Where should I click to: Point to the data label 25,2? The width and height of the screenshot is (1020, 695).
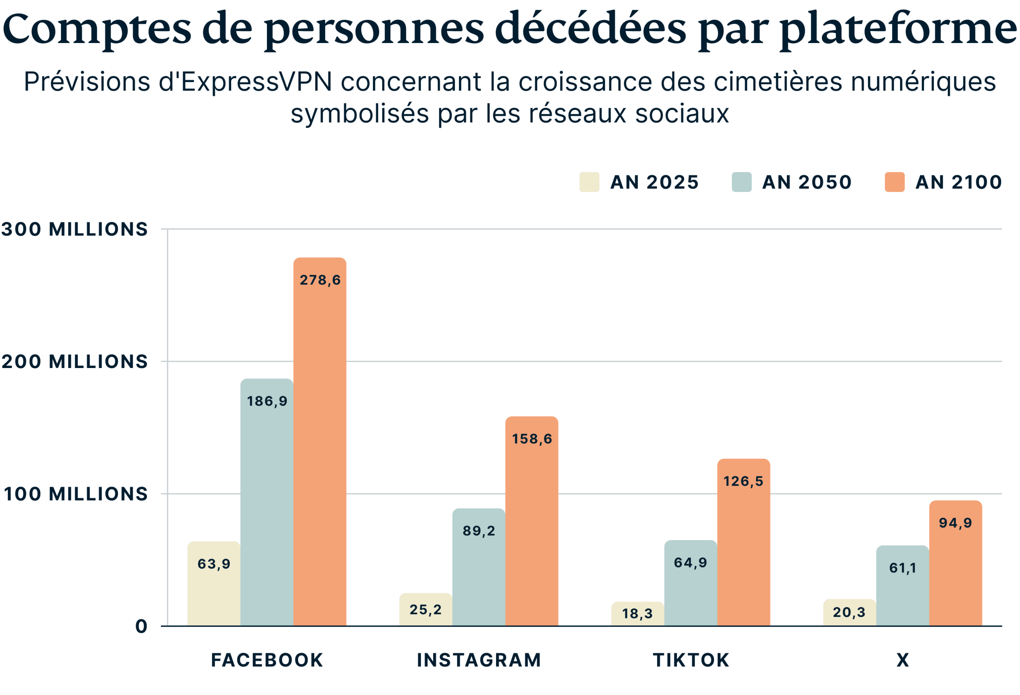pyautogui.click(x=425, y=609)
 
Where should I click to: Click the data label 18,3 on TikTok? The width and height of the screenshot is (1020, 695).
pyautogui.click(x=637, y=613)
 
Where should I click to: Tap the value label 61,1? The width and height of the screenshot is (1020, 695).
pyautogui.click(x=902, y=568)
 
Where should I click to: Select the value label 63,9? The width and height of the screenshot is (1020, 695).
pyautogui.click(x=214, y=564)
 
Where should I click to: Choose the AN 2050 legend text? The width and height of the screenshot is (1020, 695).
pyautogui.click(x=807, y=182)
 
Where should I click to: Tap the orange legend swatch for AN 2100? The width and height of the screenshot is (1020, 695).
pyautogui.click(x=894, y=182)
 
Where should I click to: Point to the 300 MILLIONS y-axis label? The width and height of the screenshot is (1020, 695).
pyautogui.click(x=75, y=229)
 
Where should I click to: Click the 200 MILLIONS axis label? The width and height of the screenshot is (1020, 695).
pyautogui.click(x=75, y=362)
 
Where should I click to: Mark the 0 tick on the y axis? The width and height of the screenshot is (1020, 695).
pyautogui.click(x=141, y=626)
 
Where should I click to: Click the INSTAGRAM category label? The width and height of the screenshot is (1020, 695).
pyautogui.click(x=479, y=660)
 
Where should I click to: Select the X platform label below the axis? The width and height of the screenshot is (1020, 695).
pyautogui.click(x=902, y=660)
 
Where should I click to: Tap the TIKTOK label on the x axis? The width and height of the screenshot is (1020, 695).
pyautogui.click(x=691, y=660)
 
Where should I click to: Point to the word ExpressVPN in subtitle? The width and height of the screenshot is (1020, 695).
pyautogui.click(x=256, y=82)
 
